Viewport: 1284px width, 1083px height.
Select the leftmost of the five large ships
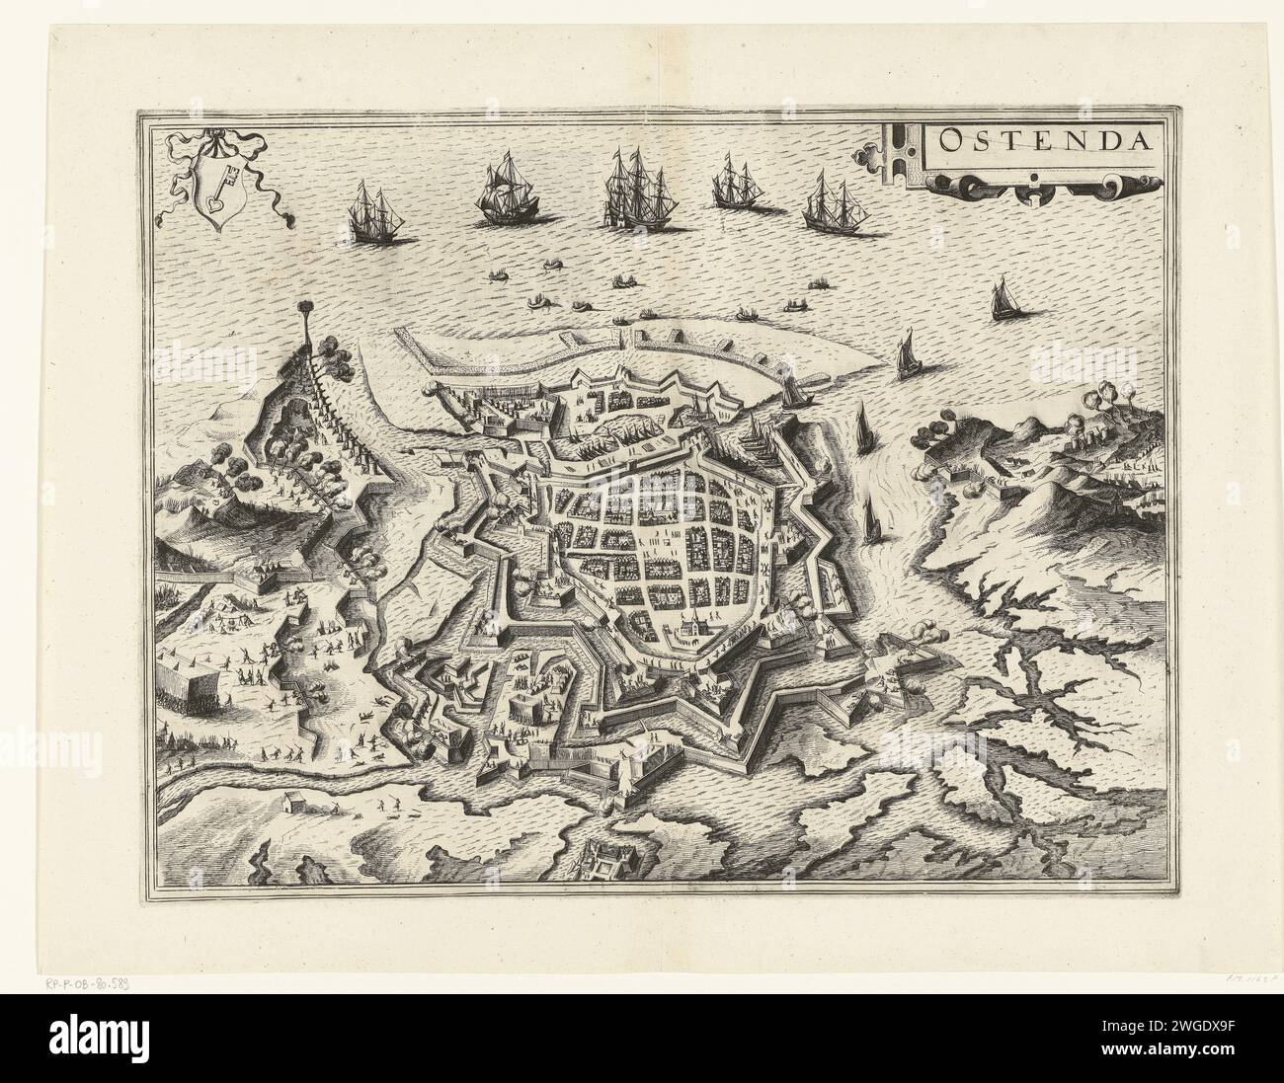[x=368, y=211]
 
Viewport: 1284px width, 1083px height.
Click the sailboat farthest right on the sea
[x=1003, y=299]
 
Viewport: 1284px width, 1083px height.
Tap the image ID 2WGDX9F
[x=1208, y=1047]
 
